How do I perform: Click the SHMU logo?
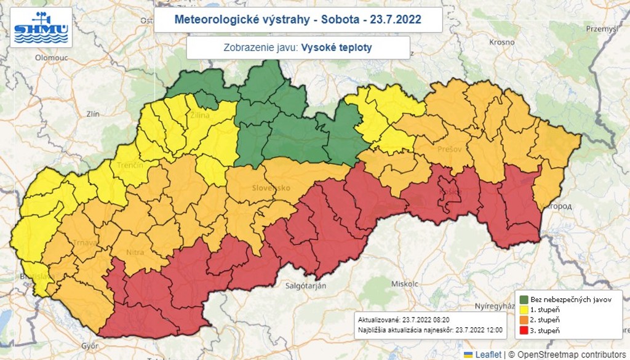point(41,28)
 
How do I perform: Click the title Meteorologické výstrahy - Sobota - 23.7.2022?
point(298,19)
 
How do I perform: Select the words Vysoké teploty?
point(336,47)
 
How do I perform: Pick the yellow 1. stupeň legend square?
point(524,310)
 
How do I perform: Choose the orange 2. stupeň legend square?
point(524,321)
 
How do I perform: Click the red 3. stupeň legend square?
point(524,332)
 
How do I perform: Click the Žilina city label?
point(199,115)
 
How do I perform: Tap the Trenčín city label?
point(130,166)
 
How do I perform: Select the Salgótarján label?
point(305,286)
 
